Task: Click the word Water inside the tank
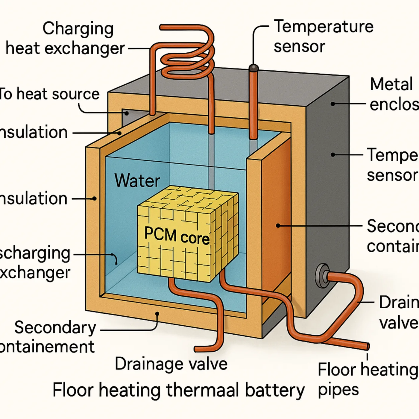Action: click(x=137, y=180)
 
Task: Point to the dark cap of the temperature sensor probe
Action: click(x=253, y=68)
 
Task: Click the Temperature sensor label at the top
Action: click(x=323, y=36)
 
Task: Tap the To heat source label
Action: click(x=49, y=94)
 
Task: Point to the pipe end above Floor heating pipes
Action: click(x=367, y=347)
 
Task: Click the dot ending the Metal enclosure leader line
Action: click(x=333, y=104)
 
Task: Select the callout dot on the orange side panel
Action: click(x=278, y=226)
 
